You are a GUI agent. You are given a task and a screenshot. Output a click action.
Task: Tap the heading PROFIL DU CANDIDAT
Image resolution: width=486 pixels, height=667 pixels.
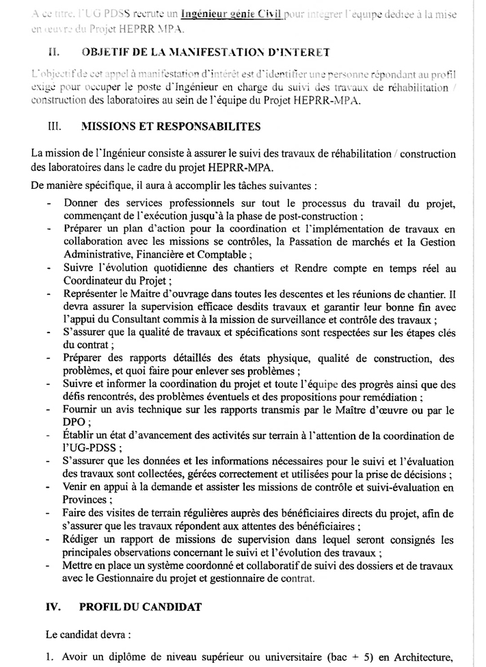139,606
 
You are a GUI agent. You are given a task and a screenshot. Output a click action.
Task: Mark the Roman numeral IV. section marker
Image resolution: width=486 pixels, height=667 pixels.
54,606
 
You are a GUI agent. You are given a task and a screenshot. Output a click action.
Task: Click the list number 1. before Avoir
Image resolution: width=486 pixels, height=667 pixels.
50,657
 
